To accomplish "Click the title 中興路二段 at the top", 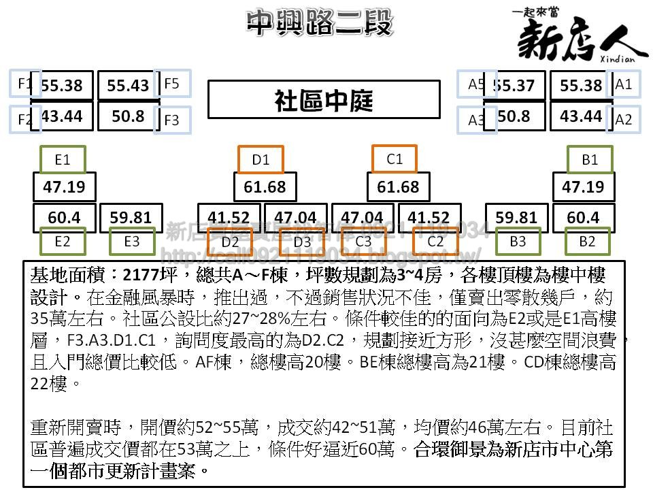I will pos(320,23).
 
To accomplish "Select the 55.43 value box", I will pos(128,86).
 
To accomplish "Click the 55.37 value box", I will pos(515,86).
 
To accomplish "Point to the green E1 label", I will pos(63,160).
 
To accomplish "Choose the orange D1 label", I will pos(261,160).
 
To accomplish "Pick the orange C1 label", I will pos(395,159).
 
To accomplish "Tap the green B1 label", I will pos(590,160).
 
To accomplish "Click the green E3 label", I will pos(132,241).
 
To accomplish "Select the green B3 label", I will pos(518,241).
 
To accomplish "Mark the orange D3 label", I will pos(302,241).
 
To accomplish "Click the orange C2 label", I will pos(435,241).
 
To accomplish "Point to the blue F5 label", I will pos(172,84).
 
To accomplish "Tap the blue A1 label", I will pos(623,84).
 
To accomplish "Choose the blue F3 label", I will pos(172,120).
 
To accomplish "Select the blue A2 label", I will pos(623,120).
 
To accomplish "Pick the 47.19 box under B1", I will pos(582,187).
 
